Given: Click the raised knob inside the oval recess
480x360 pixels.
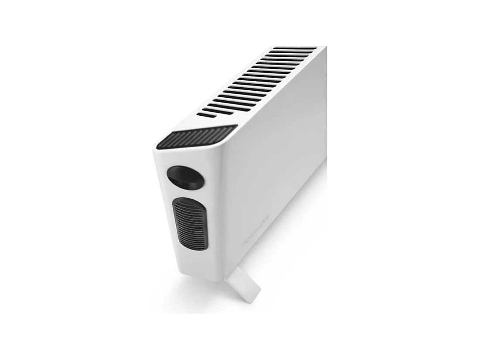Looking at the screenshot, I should pyautogui.click(x=180, y=178).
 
